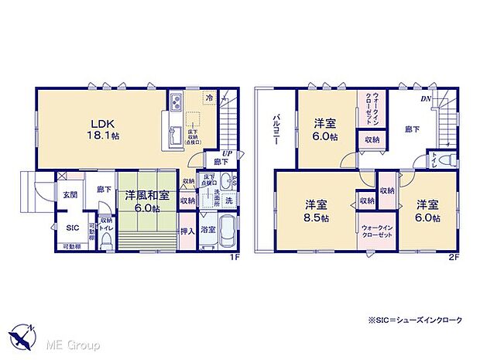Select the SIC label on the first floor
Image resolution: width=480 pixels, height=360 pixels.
[70, 228]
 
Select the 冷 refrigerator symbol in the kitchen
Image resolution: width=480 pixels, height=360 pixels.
[209, 98]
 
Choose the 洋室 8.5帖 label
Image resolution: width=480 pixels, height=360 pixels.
[316, 211]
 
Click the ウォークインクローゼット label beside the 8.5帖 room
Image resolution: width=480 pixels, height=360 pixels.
[375, 233]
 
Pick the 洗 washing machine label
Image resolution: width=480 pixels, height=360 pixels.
[228, 200]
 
